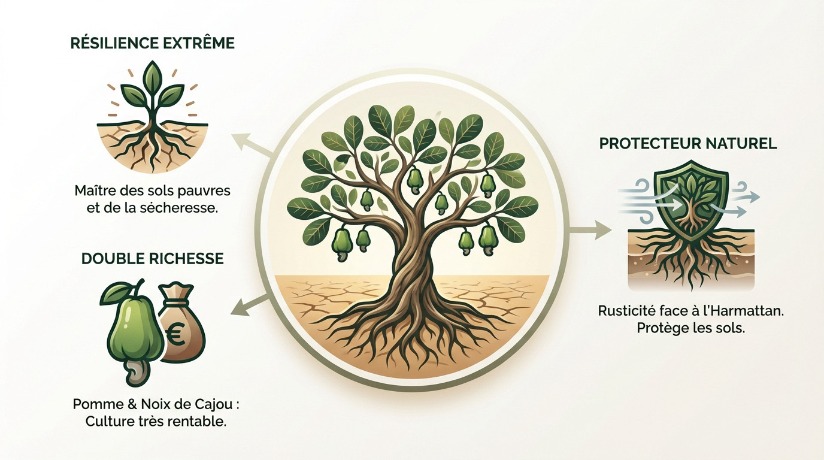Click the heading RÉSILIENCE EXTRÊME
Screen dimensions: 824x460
[x=152, y=43]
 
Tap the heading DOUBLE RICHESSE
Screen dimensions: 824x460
[x=152, y=258]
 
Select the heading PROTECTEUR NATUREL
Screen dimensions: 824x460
[x=688, y=143]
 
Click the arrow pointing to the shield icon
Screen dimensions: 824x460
[x=591, y=231]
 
